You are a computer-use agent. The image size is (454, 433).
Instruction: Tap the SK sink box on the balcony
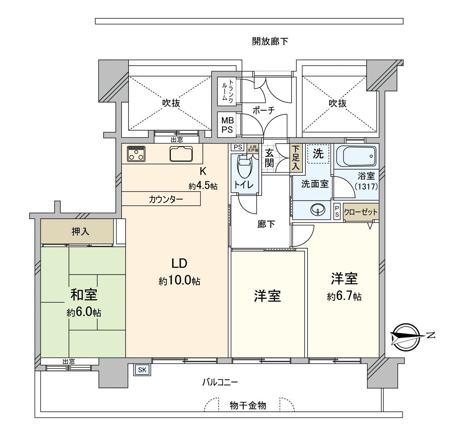142,369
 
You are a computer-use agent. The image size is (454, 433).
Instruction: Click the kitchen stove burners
136,153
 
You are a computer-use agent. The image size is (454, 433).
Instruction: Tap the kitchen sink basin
182,153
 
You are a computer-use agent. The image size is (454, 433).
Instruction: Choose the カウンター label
166,199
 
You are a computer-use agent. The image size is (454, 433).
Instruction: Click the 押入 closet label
80,231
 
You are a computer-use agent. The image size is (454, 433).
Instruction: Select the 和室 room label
84,295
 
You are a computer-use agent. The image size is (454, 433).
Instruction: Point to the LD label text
179,263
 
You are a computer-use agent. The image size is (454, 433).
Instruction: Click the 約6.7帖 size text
344,297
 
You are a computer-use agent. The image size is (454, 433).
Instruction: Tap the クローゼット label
361,212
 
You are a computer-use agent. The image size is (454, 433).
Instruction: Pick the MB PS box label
227,125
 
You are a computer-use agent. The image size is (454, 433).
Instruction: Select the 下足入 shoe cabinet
296,158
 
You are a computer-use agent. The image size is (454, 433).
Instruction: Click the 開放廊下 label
270,41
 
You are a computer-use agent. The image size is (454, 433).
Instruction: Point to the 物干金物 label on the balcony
248,406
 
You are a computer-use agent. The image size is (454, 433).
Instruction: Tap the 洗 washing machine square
318,154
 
